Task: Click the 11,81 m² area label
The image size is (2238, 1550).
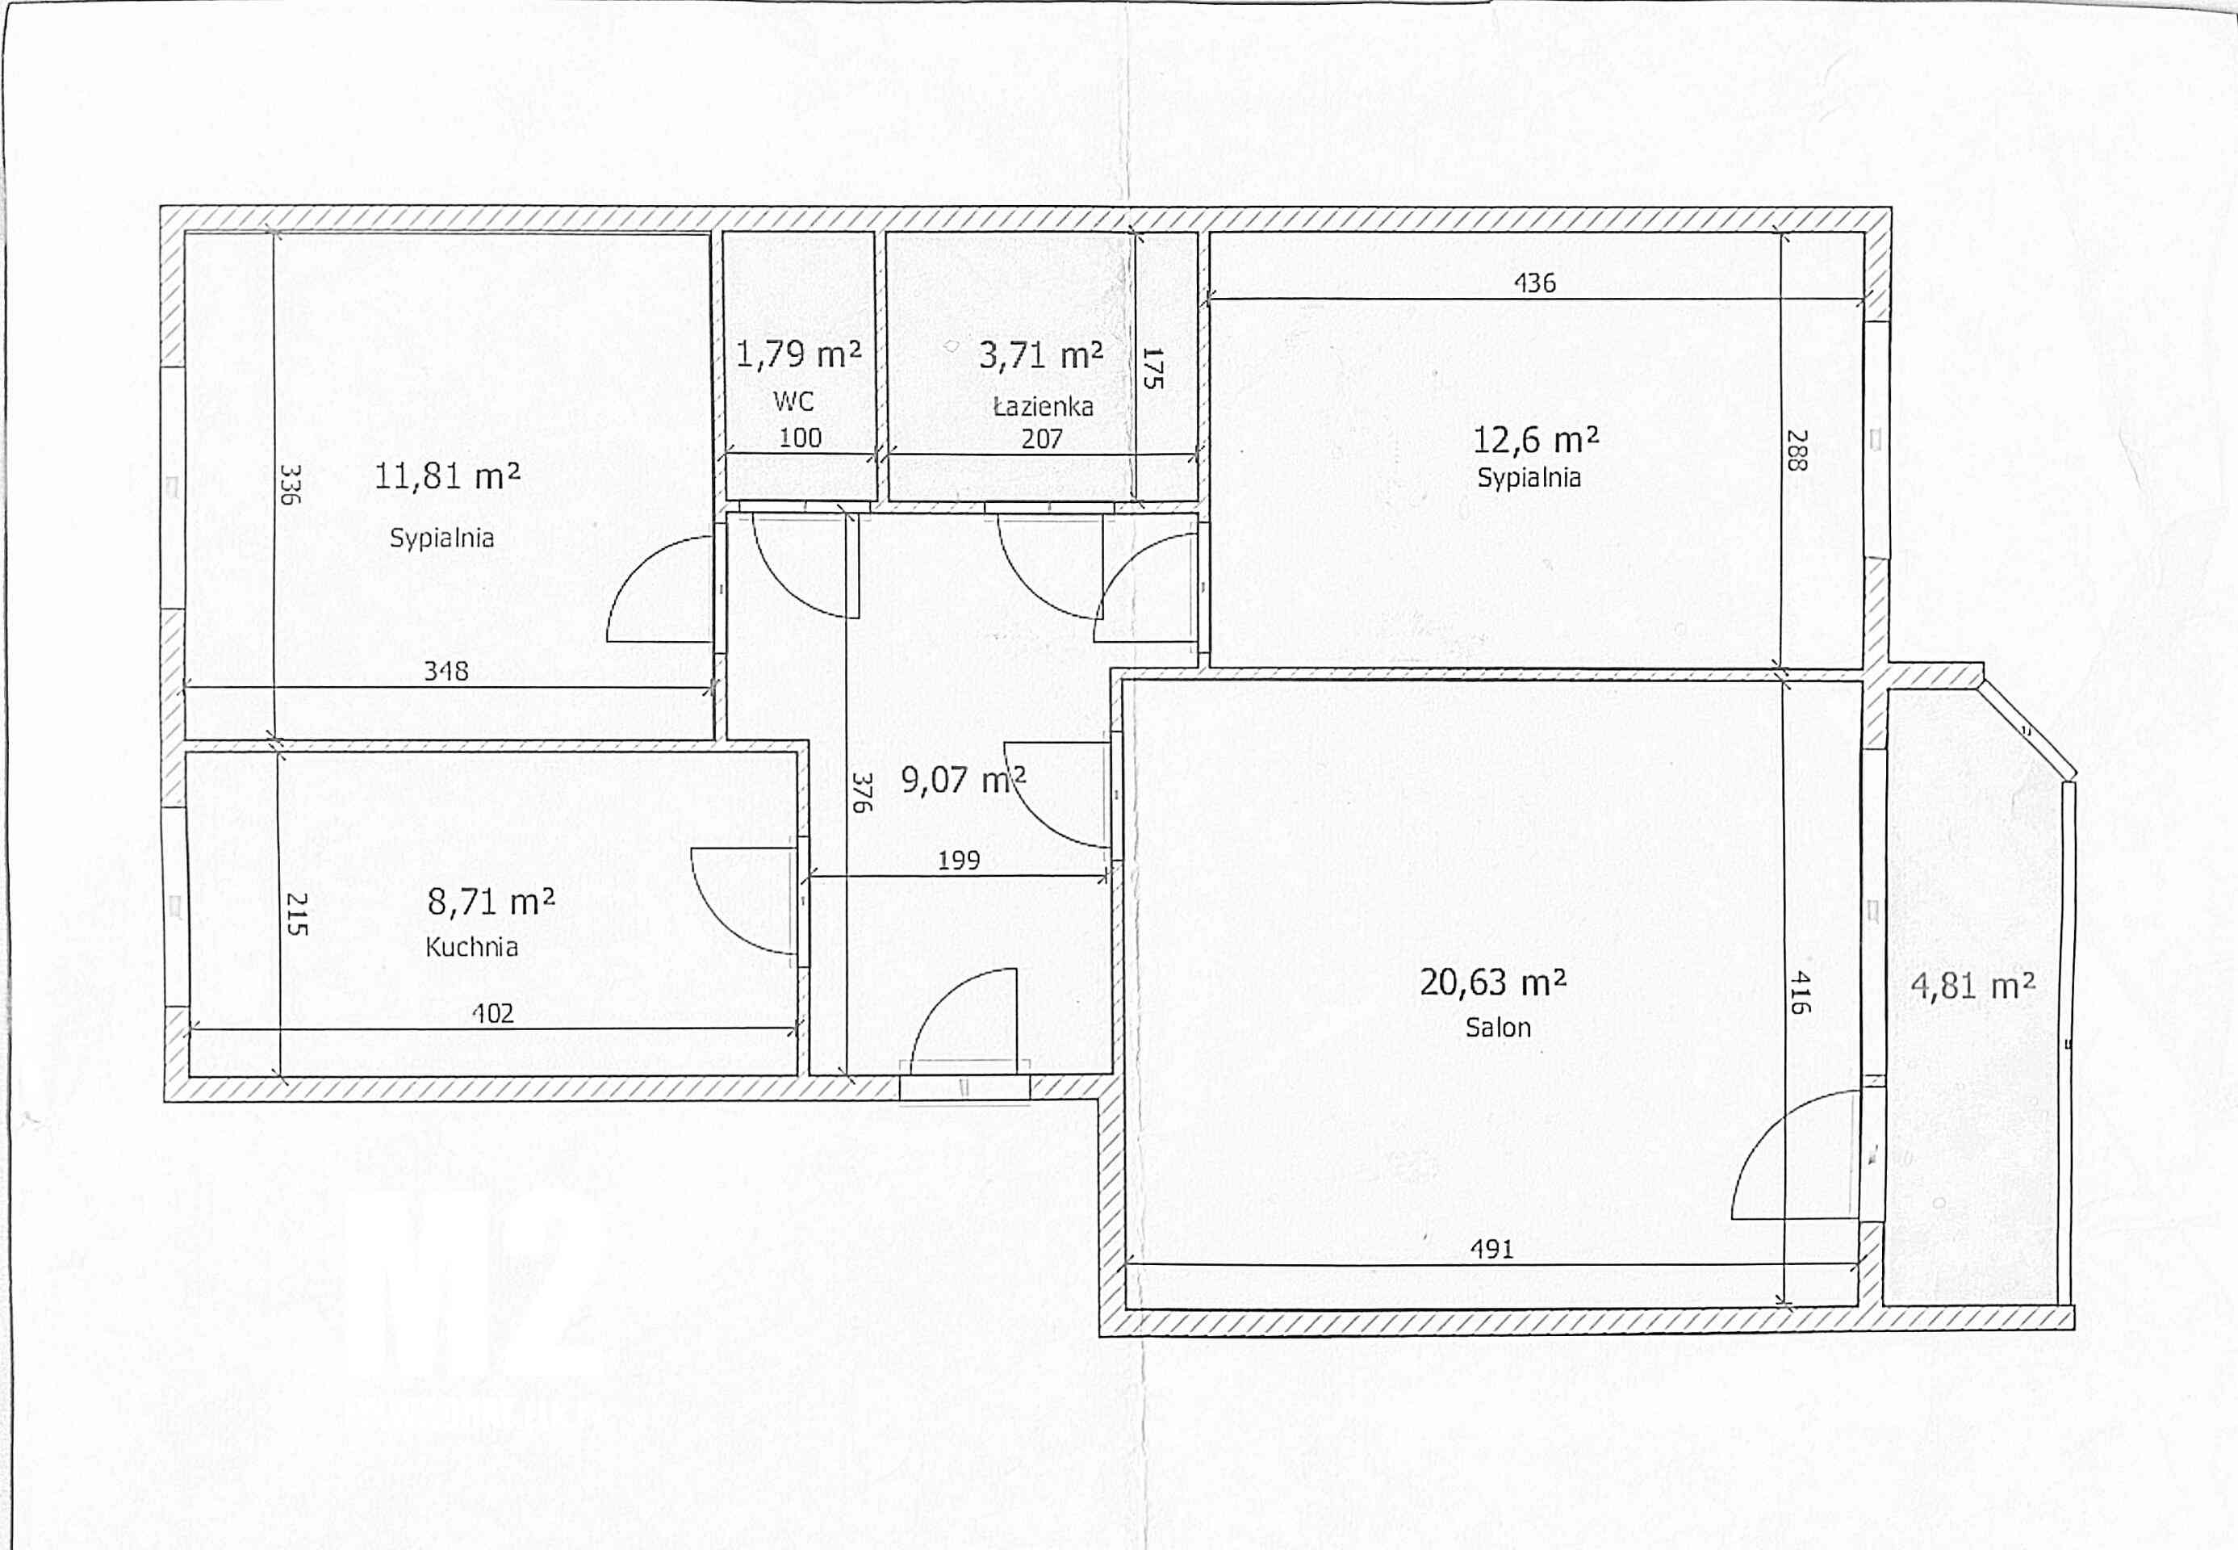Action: [446, 475]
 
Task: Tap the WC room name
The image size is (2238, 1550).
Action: [793, 401]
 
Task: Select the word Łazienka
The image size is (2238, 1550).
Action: [1043, 406]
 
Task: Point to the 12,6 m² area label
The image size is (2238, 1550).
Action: [1536, 440]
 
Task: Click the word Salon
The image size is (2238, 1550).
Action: [1498, 1028]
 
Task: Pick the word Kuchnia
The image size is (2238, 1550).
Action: [472, 947]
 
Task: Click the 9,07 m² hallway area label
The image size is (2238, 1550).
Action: [963, 779]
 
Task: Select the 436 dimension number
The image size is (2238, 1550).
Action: [1535, 283]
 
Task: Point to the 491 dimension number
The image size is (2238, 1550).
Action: [1492, 1249]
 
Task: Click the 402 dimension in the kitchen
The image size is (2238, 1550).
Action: [492, 1014]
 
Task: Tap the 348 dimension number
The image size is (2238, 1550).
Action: [446, 671]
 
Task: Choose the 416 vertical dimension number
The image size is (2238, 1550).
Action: [1799, 992]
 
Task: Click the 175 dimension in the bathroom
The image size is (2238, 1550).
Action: [1152, 369]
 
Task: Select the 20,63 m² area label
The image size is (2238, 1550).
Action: [1493, 982]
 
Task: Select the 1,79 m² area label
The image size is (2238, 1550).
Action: [798, 354]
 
